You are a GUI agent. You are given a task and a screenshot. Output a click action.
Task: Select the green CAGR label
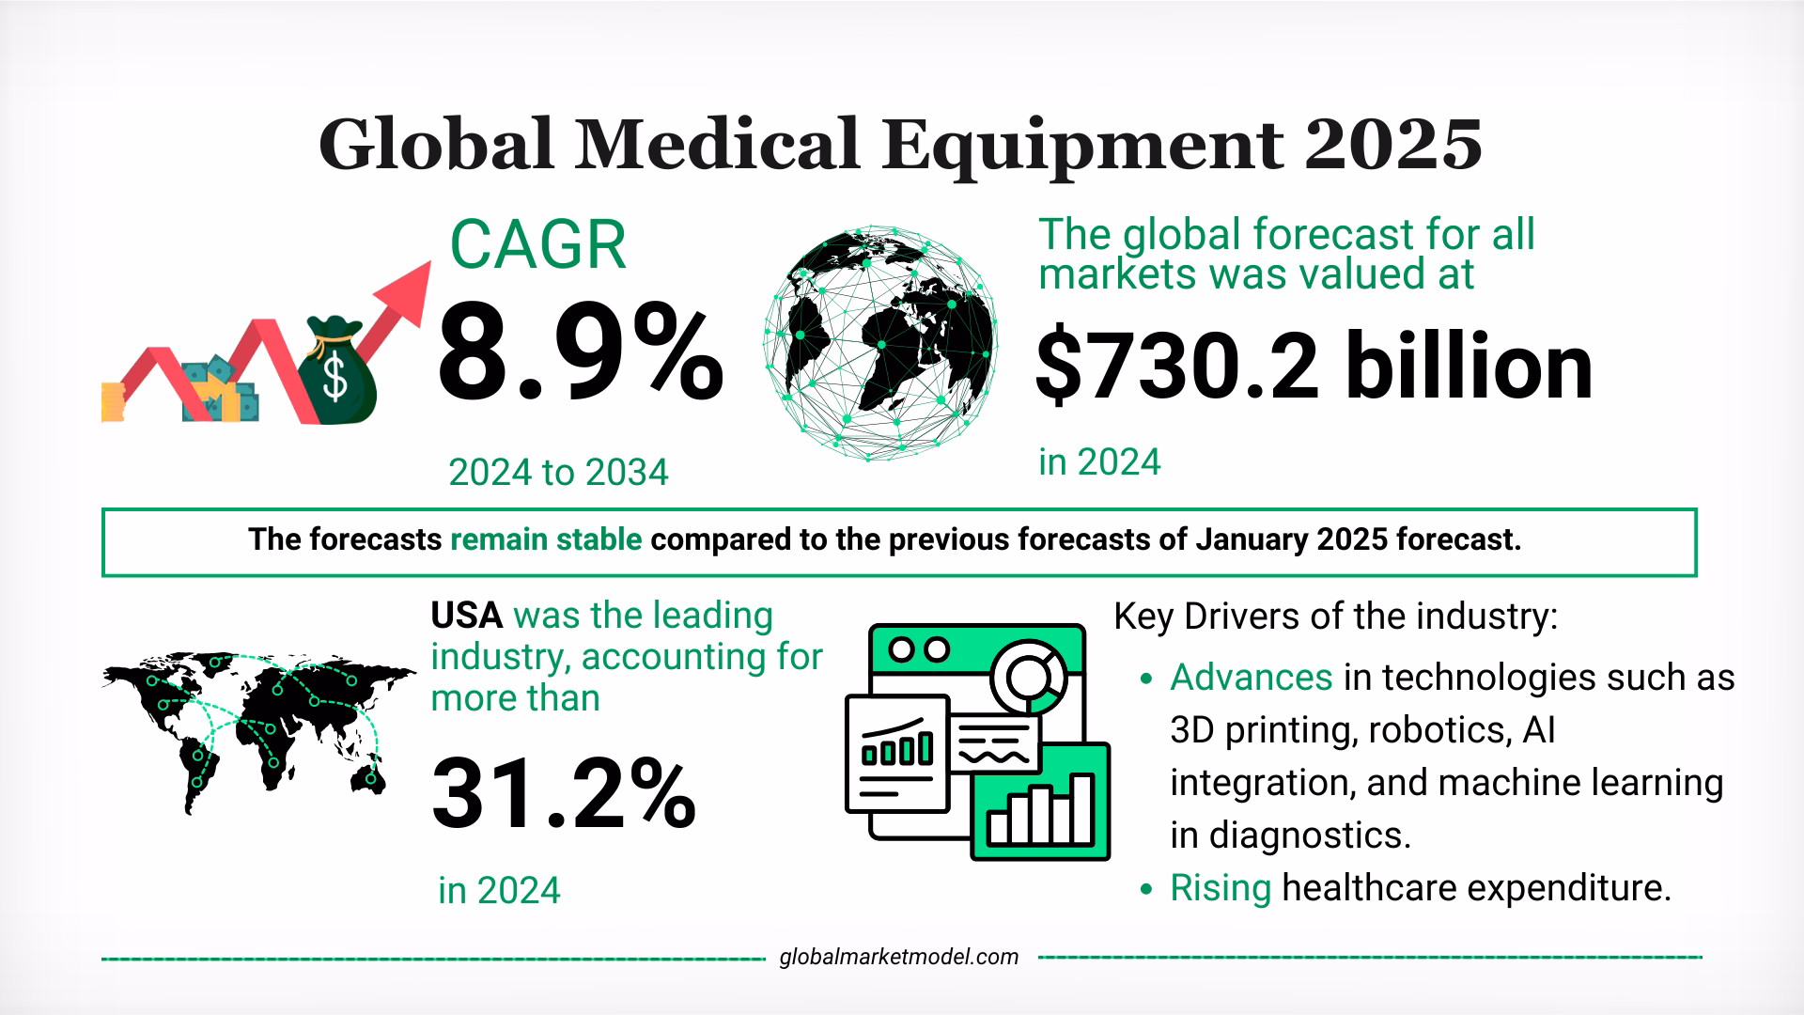537,246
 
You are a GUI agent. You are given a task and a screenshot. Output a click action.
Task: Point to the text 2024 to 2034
558,472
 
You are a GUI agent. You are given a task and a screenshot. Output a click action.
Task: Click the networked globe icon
881,343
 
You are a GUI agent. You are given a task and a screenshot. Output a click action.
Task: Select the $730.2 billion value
1314,367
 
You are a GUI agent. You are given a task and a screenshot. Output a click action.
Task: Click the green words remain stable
546,540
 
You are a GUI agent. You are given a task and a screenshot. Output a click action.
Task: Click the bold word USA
467,616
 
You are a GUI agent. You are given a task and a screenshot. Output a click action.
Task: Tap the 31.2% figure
563,797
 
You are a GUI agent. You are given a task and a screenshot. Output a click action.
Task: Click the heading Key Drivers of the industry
1336,617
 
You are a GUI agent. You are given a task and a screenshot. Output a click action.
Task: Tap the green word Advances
1251,677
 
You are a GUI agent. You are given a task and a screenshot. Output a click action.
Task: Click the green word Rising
1220,887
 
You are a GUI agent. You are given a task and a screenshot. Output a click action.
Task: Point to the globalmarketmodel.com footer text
899,957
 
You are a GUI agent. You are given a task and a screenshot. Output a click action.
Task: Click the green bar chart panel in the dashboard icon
1040,804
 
